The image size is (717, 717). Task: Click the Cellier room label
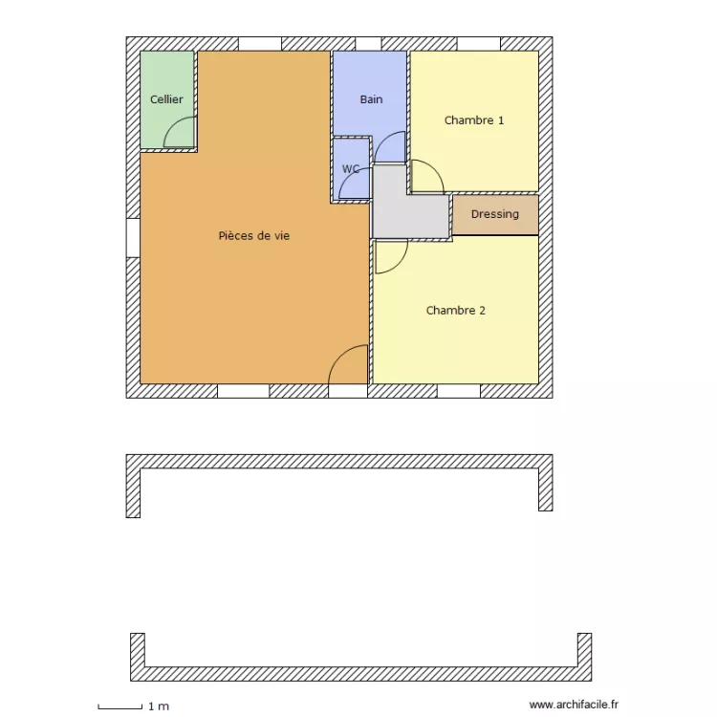click(166, 99)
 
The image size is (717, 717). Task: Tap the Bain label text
click(371, 99)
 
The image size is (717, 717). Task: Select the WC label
click(351, 169)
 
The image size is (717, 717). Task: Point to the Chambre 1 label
click(474, 120)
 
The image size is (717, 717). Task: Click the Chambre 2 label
click(456, 311)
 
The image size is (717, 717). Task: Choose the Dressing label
click(495, 214)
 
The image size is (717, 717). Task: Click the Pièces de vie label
click(253, 235)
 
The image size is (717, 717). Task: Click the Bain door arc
click(390, 147)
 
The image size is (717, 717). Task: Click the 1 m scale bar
click(120, 706)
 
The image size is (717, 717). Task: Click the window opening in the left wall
click(133, 237)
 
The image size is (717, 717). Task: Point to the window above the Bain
click(368, 43)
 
